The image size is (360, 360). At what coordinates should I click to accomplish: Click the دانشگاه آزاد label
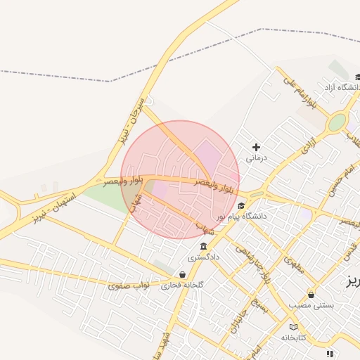pyautogui.click(x=341, y=87)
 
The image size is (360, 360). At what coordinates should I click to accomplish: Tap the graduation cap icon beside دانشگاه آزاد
pyautogui.click(x=358, y=77)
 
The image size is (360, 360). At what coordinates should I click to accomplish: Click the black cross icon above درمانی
pyautogui.click(x=256, y=148)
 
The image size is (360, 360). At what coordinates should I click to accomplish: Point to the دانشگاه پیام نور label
pyautogui.click(x=242, y=217)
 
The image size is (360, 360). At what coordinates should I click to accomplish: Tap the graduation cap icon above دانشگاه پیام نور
pyautogui.click(x=241, y=206)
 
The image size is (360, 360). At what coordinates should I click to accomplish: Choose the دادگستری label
pyautogui.click(x=204, y=257)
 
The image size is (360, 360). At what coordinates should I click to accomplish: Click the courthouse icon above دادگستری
pyautogui.click(x=203, y=247)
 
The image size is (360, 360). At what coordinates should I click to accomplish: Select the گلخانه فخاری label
pyautogui.click(x=182, y=285)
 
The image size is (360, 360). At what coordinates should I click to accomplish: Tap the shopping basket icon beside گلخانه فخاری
pyautogui.click(x=183, y=275)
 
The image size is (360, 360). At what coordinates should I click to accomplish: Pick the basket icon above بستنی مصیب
pyautogui.click(x=311, y=295)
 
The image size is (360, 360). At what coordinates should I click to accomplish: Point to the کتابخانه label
pyautogui.click(x=294, y=337)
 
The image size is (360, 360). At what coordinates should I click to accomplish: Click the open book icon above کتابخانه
pyautogui.click(x=293, y=327)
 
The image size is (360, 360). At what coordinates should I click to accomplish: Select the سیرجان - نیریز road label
pyautogui.click(x=132, y=123)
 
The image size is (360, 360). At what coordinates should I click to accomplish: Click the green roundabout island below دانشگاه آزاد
pyautogui.click(x=337, y=122)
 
